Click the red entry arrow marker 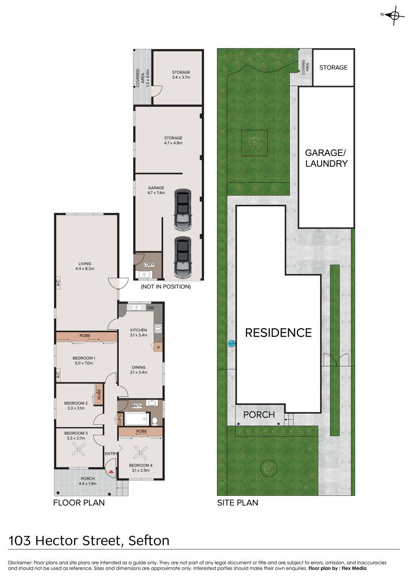[x=111, y=472]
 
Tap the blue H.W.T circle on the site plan [x=232, y=343]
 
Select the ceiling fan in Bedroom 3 [x=78, y=450]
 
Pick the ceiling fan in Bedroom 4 [x=141, y=452]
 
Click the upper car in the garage [x=183, y=210]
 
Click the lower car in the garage [x=183, y=257]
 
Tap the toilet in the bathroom [x=155, y=421]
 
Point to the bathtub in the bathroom [x=137, y=419]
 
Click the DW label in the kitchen [x=150, y=308]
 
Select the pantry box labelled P [x=158, y=347]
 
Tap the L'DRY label [x=149, y=264]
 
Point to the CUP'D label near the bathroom [x=120, y=419]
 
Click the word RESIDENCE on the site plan [x=278, y=333]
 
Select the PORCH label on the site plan [x=259, y=415]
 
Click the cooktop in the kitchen [x=158, y=329]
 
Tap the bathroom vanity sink [x=151, y=403]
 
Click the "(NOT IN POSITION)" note [x=166, y=287]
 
